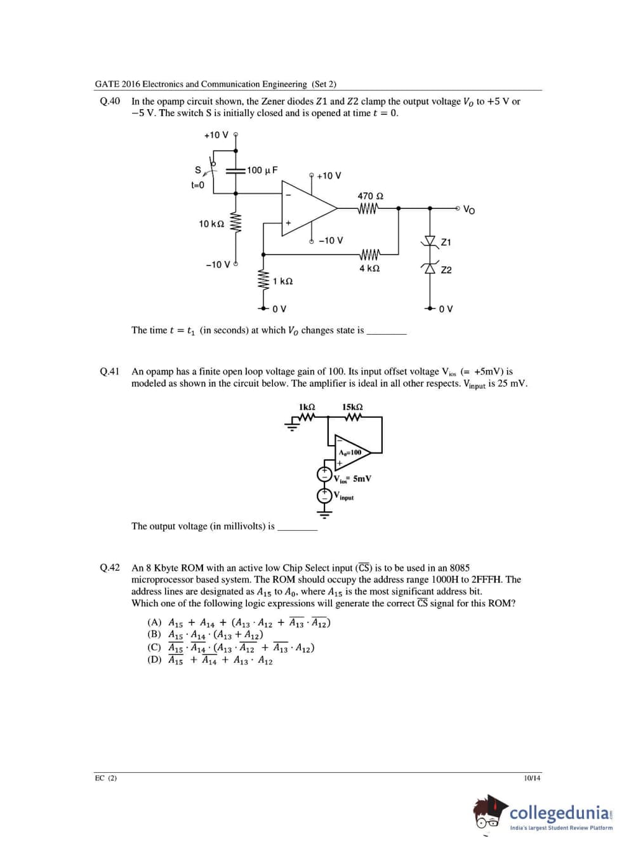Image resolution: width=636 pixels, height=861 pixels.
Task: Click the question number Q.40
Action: pos(110,102)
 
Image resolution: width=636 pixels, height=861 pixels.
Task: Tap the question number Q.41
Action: pos(110,371)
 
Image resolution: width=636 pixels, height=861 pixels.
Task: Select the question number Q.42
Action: pos(110,568)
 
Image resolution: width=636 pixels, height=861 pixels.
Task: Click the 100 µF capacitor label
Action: pos(262,170)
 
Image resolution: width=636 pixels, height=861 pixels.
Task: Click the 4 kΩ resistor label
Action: pos(369,269)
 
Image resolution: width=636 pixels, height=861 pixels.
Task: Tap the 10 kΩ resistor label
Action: pos(211,224)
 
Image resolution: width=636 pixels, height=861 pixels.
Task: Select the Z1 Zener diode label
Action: pos(446,243)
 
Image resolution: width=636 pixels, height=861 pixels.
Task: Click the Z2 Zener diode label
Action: pos(446,270)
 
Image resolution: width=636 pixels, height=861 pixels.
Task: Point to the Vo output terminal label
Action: pos(469,210)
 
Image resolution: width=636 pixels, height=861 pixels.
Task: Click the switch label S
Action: pos(197,170)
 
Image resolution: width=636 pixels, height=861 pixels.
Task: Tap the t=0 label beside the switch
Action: pos(198,185)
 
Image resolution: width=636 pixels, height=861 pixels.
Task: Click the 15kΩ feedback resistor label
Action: pos(352,407)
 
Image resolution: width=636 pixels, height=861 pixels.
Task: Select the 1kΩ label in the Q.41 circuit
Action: pos(307,407)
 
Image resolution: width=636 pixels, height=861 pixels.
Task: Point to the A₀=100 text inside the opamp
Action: pos(350,453)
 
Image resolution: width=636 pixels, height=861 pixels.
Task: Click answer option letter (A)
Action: pos(154,623)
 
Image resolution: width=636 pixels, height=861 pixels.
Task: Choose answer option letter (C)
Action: pos(154,648)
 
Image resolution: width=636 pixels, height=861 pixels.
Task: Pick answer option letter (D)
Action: pos(154,660)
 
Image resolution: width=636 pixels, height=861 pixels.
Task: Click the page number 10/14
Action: pos(532,778)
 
